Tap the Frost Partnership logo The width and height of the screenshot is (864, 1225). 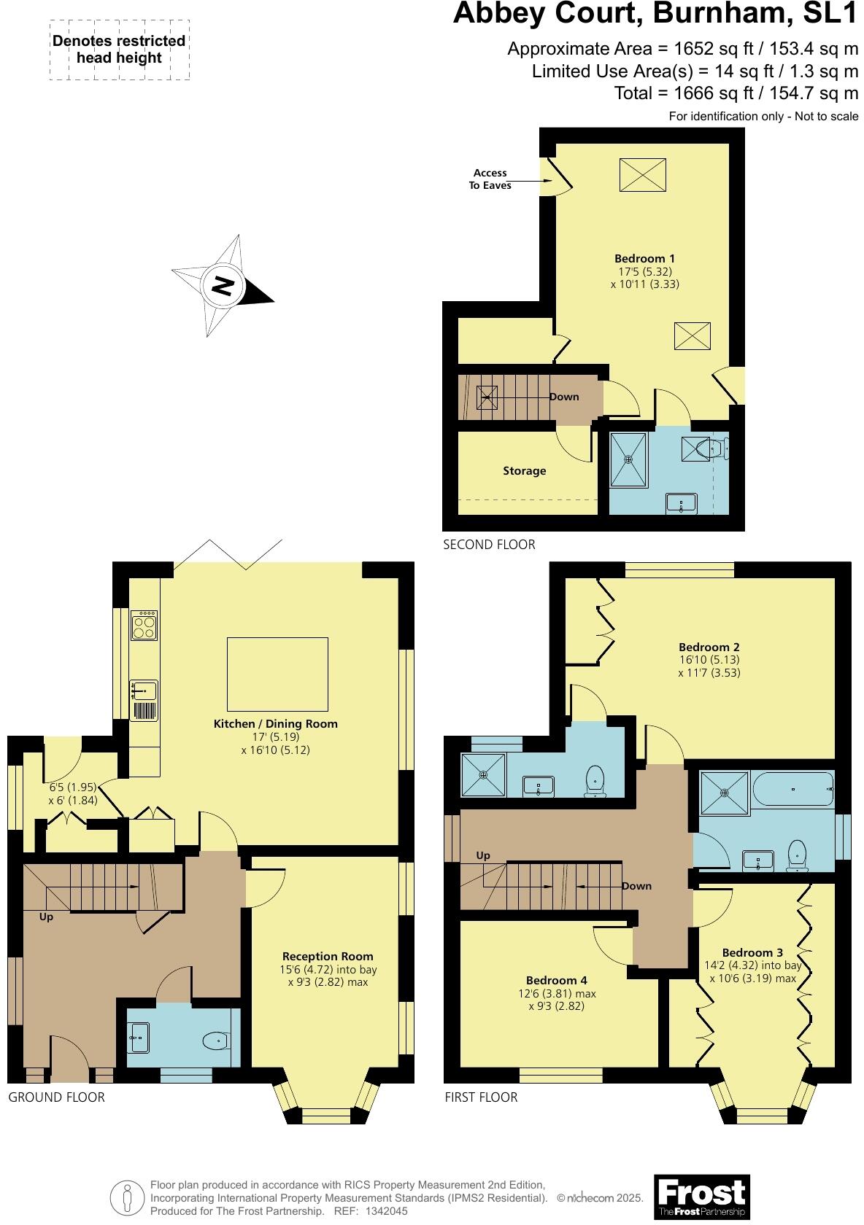(x=701, y=1196)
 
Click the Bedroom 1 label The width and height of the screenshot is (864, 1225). (x=644, y=258)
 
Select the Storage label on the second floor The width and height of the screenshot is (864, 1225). (x=524, y=471)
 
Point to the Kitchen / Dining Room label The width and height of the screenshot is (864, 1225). (x=275, y=724)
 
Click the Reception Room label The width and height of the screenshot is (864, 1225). (x=328, y=956)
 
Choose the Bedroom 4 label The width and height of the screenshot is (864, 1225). (x=556, y=981)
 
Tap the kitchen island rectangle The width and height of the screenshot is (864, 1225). (x=277, y=674)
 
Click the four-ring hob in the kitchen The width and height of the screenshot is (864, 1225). (x=144, y=626)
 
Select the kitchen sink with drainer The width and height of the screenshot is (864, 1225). (x=144, y=700)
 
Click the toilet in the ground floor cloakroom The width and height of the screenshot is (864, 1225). (x=216, y=1041)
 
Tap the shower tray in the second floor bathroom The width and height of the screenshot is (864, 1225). (x=628, y=459)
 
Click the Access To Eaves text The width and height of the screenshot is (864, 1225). (x=490, y=179)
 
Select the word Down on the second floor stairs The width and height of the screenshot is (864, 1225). (x=564, y=397)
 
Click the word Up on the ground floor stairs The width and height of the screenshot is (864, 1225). (x=46, y=917)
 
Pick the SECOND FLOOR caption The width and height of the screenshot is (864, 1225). (x=489, y=545)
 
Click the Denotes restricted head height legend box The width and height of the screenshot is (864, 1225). (x=119, y=50)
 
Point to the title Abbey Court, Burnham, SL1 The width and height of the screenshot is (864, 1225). (x=655, y=15)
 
